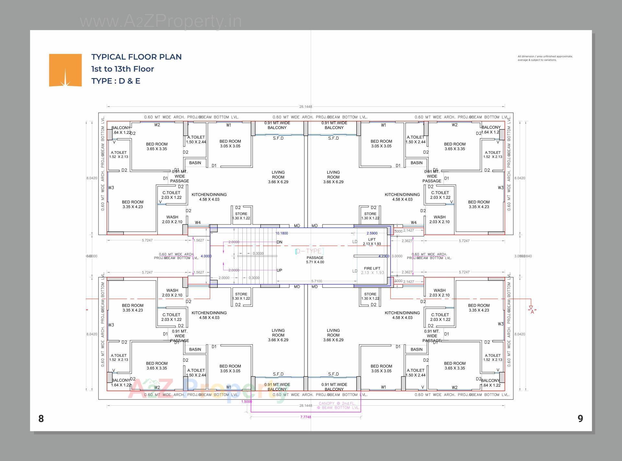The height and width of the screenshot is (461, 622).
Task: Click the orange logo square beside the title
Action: (x=65, y=70)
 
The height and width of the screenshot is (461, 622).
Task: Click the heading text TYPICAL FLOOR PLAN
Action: (x=136, y=57)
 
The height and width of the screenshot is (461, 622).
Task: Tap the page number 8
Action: (x=41, y=419)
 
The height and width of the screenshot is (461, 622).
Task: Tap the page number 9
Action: (x=580, y=419)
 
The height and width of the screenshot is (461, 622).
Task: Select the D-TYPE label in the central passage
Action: (x=309, y=251)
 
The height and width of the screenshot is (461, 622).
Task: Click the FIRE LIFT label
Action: (x=372, y=268)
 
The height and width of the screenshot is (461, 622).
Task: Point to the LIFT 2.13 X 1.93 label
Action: (x=372, y=242)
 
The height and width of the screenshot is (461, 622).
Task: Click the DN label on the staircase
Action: (x=279, y=242)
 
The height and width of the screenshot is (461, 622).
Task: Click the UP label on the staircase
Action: (x=279, y=270)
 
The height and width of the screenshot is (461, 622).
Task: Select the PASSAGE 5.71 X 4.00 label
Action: (x=315, y=260)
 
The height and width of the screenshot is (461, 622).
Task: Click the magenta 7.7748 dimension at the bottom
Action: (x=305, y=417)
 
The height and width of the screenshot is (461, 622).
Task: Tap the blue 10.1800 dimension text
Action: (x=282, y=233)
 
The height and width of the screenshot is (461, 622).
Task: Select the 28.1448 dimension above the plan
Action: (x=305, y=107)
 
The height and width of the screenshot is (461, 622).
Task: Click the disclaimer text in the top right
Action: (x=545, y=58)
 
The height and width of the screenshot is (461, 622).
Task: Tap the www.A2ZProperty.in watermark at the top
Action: (x=161, y=21)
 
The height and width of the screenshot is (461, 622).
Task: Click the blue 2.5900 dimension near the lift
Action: (x=372, y=233)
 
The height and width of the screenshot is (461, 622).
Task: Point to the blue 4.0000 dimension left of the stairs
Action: (x=206, y=256)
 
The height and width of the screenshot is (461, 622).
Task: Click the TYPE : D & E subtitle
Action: (x=116, y=81)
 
